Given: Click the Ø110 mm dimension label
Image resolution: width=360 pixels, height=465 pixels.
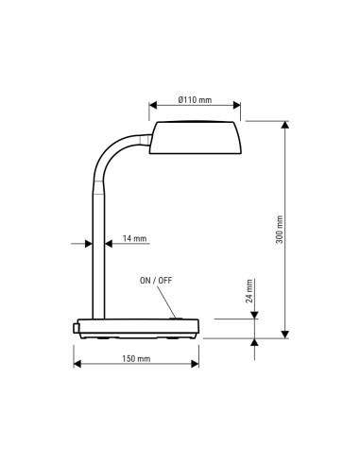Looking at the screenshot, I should [195, 100].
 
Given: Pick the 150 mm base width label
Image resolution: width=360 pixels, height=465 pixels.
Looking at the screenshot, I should [136, 358].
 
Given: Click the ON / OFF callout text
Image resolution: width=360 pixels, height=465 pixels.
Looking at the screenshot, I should [157, 281].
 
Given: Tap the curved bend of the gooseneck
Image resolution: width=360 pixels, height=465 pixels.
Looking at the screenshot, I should [111, 154].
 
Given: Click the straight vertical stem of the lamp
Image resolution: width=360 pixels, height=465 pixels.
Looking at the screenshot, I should [97, 255].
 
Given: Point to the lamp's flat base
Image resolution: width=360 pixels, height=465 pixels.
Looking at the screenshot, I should [138, 328].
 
